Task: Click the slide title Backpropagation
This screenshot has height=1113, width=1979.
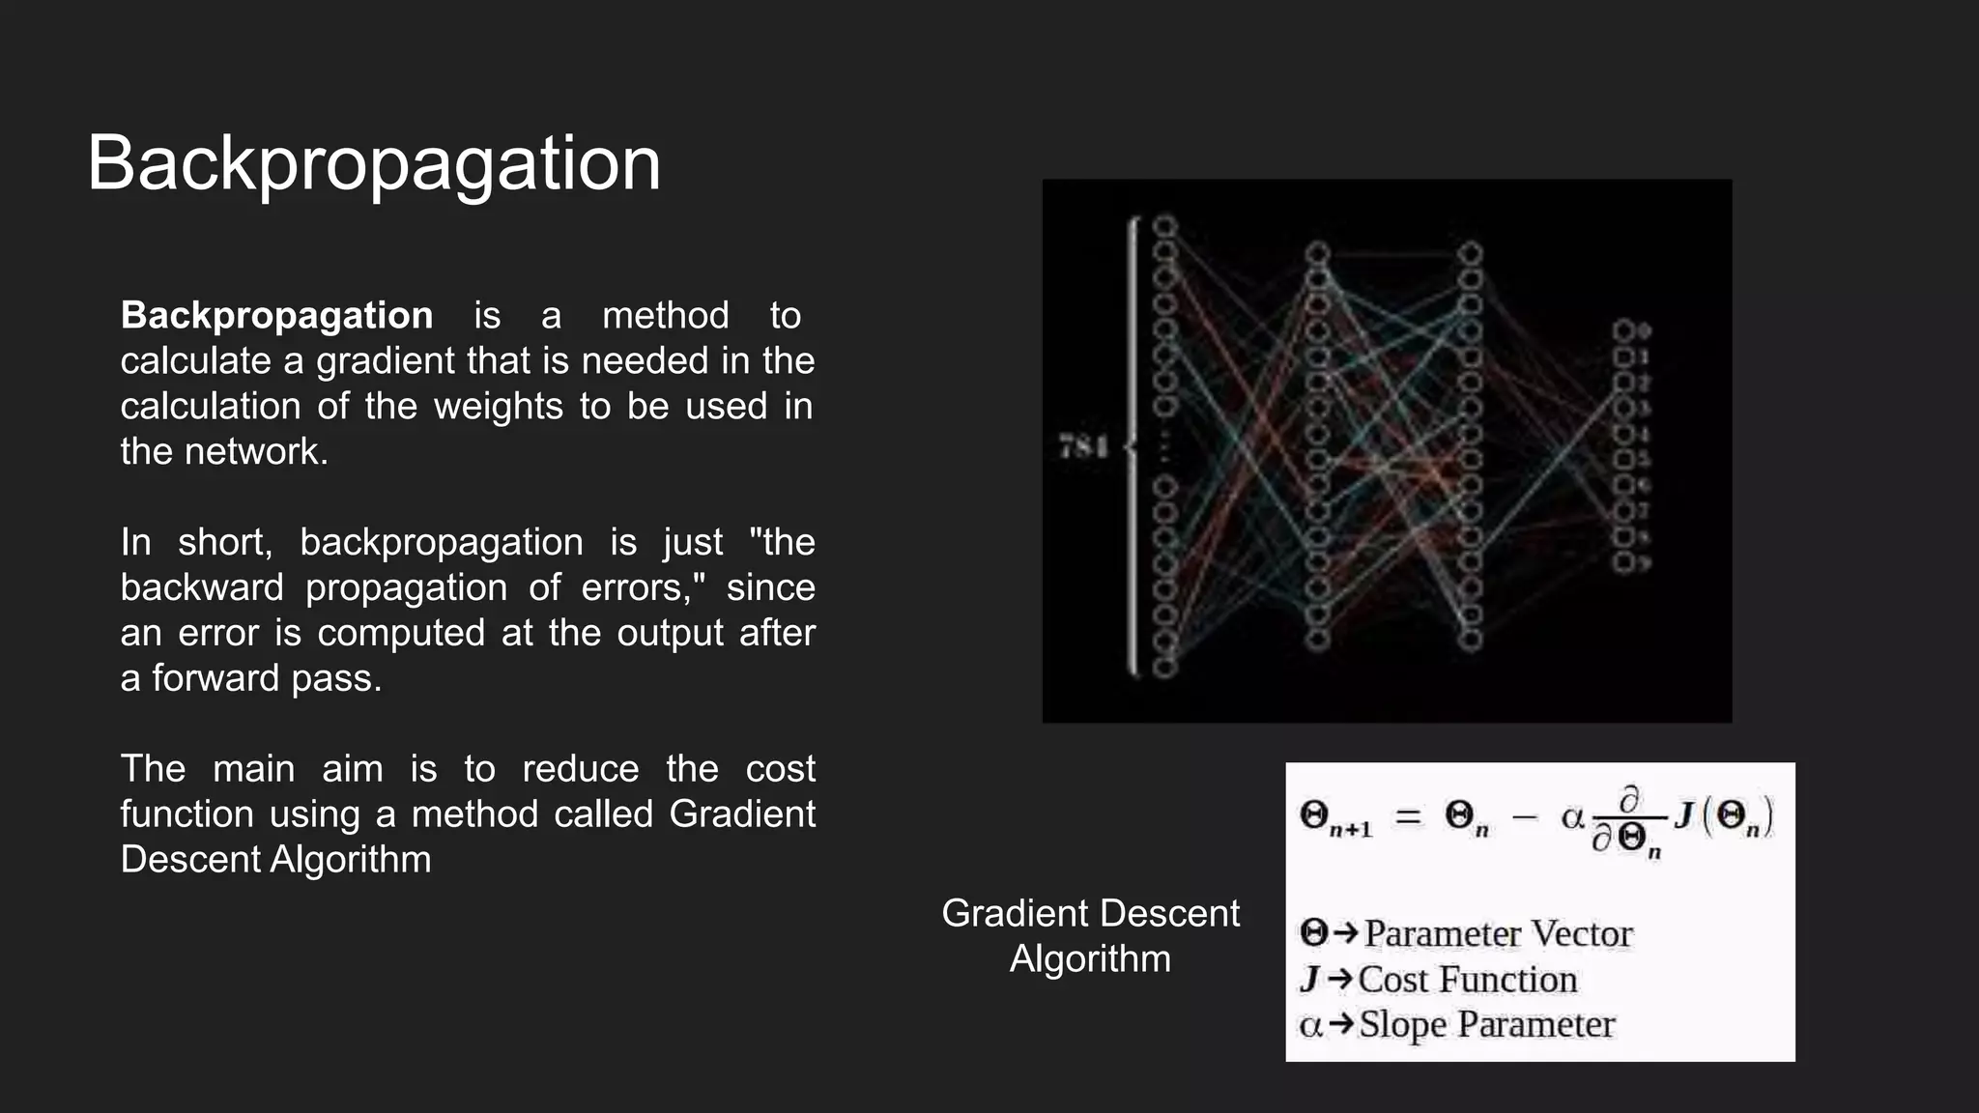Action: tap(374, 163)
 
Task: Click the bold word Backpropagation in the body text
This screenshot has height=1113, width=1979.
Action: tap(276, 316)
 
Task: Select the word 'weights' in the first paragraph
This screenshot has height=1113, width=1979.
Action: tap(498, 407)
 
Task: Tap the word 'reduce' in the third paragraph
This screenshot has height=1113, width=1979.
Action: tap(580, 769)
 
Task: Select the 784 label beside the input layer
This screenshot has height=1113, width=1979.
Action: tap(1083, 447)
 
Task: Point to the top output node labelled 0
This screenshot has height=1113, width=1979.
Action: tap(1624, 331)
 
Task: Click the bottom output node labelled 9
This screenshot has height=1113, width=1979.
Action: tap(1624, 562)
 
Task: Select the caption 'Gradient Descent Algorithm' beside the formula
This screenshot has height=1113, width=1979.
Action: tap(1090, 935)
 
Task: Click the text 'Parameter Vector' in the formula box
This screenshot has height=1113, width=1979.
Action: tap(1498, 933)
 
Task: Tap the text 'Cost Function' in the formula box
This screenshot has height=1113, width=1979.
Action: tap(1468, 980)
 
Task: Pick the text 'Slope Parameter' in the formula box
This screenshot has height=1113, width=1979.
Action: tap(1486, 1024)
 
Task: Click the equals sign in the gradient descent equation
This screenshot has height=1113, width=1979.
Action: tap(1408, 817)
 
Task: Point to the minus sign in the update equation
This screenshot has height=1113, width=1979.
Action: tap(1524, 817)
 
